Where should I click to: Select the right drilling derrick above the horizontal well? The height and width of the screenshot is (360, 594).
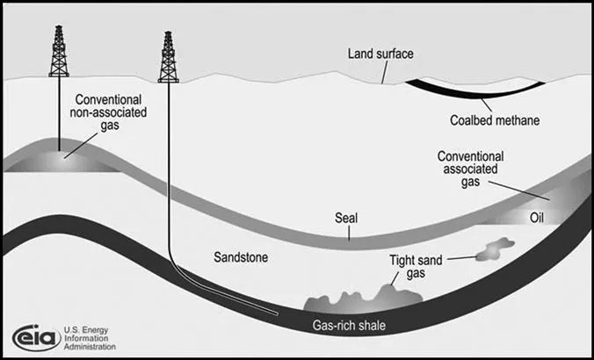[x=167, y=58]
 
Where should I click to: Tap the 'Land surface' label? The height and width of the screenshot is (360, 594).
[x=380, y=54]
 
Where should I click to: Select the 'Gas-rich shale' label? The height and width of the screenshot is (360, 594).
[x=350, y=327]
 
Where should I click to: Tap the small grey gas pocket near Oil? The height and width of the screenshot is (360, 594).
[x=495, y=253]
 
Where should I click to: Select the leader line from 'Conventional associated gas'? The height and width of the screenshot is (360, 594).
[x=510, y=186]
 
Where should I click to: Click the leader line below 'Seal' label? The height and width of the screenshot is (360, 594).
[x=348, y=231]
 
